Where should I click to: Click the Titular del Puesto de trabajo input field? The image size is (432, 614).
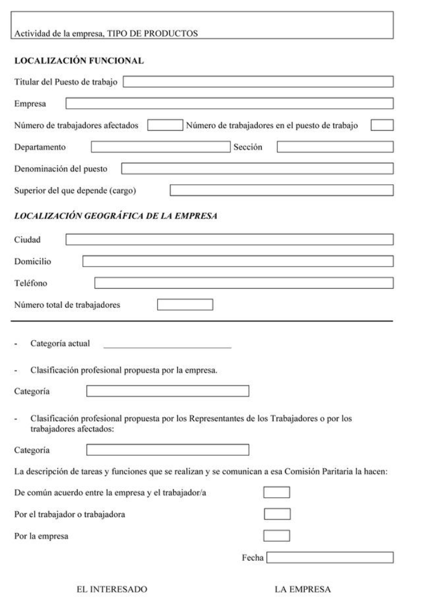258,82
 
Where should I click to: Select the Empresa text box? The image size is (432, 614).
229,103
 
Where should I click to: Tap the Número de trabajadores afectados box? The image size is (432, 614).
164,125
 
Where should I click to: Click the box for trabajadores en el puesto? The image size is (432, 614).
382,125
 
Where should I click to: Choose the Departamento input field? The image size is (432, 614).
161,147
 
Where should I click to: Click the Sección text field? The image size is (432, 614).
335,147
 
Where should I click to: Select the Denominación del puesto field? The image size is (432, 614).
258,168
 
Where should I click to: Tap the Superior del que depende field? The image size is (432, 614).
282,190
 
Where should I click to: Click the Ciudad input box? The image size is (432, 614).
229,239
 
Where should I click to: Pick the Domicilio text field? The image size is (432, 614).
238,261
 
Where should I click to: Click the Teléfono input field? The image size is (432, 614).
244,282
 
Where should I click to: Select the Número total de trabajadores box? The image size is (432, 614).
184,305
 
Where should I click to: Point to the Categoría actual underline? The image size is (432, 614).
167,346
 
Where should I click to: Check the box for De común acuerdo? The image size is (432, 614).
277,492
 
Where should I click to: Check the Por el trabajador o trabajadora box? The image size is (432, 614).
277,514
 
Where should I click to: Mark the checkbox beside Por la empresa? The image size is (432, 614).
277,535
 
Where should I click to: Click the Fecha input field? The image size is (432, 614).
330,558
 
